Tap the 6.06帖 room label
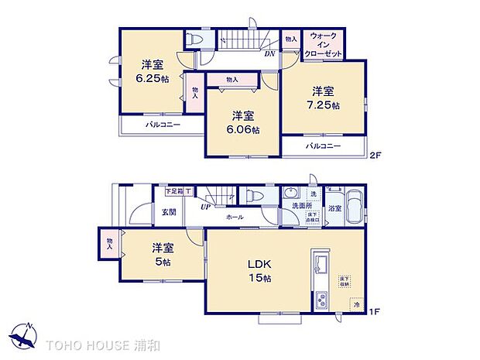coord(243,122)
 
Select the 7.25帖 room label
coord(324,97)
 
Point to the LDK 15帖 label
coord(259,271)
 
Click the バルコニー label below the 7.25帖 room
coord(323,146)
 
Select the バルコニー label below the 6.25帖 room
coord(161,125)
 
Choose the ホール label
coord(235,218)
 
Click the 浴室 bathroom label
coord(334,209)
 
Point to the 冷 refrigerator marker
coord(356,305)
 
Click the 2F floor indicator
coord(375,155)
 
